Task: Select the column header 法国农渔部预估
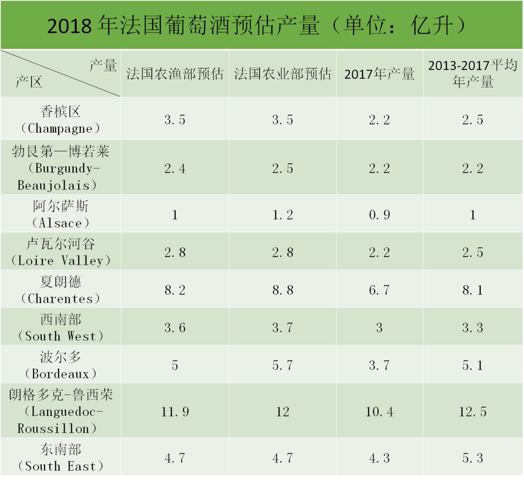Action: pyautogui.click(x=175, y=73)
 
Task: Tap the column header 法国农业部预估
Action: pyautogui.click(x=282, y=73)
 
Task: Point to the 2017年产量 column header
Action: pyautogui.click(x=379, y=74)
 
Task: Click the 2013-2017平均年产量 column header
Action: pyautogui.click(x=473, y=73)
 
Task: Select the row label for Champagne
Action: pyautogui.click(x=60, y=120)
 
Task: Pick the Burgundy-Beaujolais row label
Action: pyautogui.click(x=60, y=168)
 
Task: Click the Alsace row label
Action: pyautogui.click(x=60, y=214)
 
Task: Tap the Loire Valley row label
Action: pyautogui.click(x=60, y=252)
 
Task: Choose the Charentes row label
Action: pyautogui.click(x=60, y=290)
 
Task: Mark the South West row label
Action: pyautogui.click(x=60, y=327)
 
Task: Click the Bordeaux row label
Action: pyautogui.click(x=60, y=365)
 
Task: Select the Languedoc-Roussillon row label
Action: pyautogui.click(x=60, y=412)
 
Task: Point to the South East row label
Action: pyautogui.click(x=60, y=458)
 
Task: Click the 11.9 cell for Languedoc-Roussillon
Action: pyautogui.click(x=175, y=412)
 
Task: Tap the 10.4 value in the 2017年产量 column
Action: pyautogui.click(x=379, y=412)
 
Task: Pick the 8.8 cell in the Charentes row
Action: pyautogui.click(x=282, y=290)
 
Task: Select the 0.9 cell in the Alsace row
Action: pyautogui.click(x=379, y=215)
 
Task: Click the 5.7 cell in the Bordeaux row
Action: pyautogui.click(x=282, y=365)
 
